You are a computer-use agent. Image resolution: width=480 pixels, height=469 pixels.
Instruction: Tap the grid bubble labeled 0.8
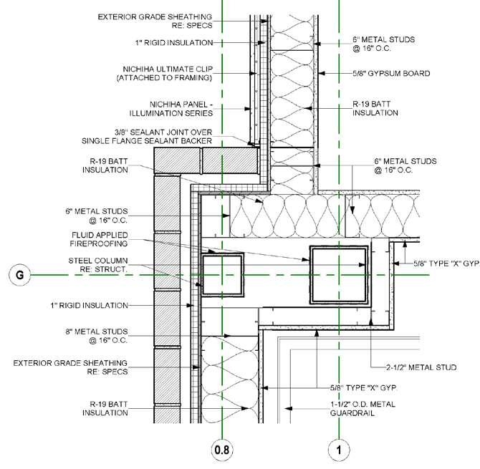click(x=224, y=450)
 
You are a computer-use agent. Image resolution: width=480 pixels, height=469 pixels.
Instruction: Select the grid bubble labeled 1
click(x=337, y=450)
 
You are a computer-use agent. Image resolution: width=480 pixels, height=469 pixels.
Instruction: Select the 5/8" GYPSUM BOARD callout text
click(x=391, y=73)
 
